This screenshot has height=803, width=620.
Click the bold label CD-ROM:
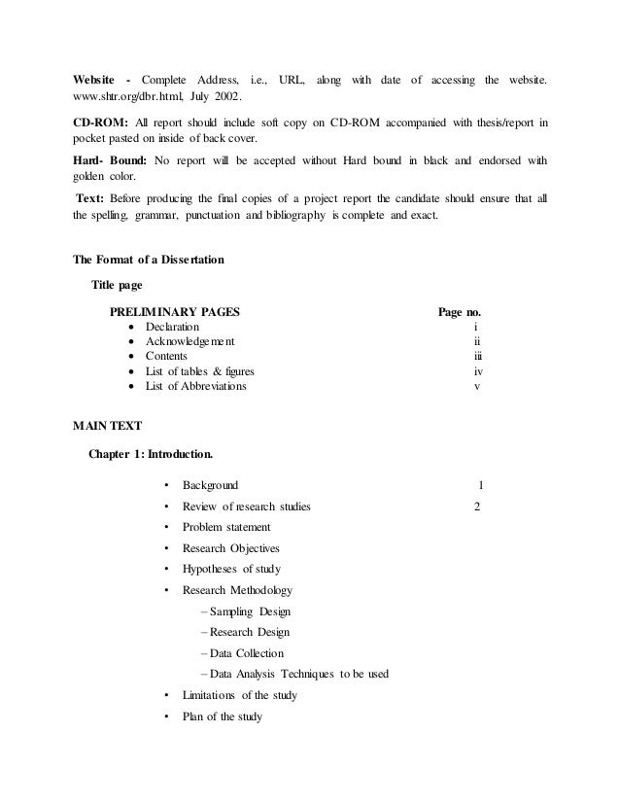[x=101, y=123]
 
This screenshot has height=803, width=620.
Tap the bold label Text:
[x=95, y=198]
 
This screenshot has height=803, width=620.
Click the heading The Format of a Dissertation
[x=149, y=261]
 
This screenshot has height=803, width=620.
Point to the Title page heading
[x=117, y=286]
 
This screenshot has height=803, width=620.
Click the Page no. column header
[x=461, y=313]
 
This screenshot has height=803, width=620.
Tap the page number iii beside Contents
[x=477, y=357]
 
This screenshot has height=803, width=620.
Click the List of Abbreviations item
[x=196, y=386]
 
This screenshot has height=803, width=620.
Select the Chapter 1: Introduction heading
[x=153, y=453]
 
